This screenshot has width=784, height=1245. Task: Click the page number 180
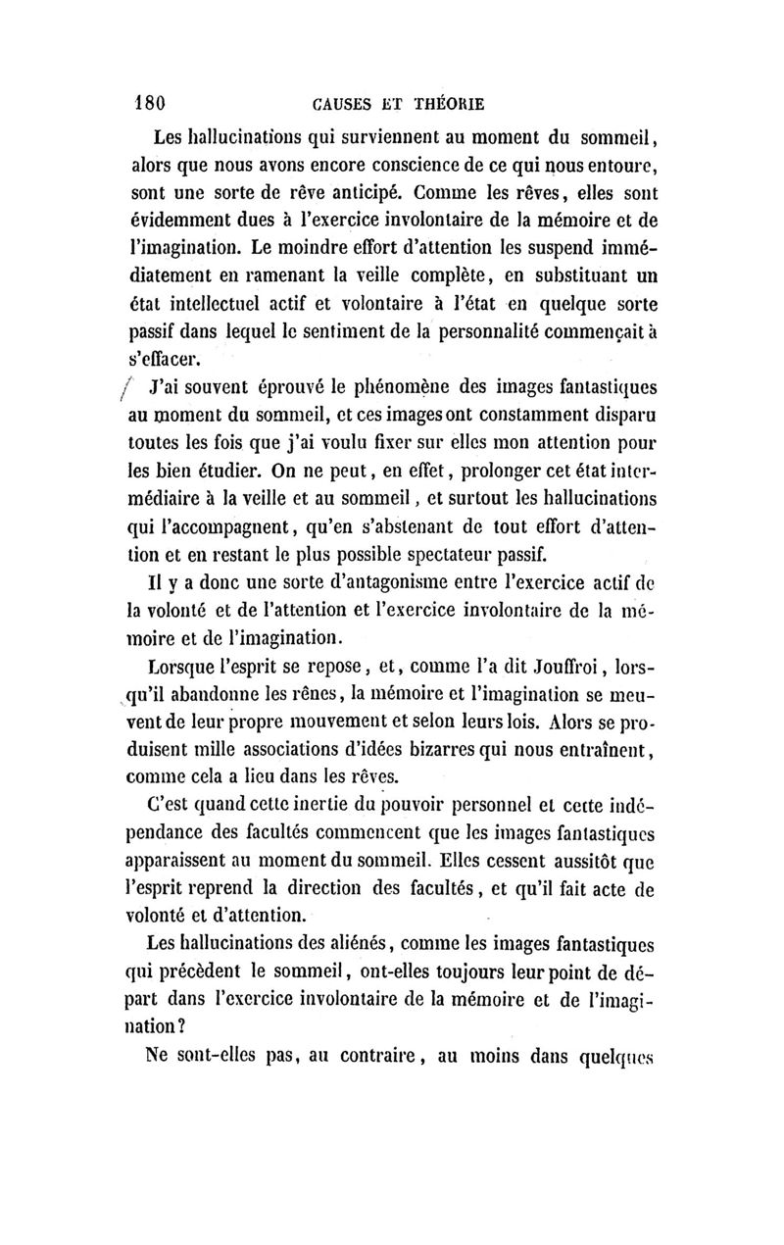point(153,102)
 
